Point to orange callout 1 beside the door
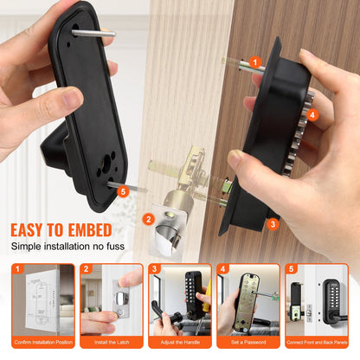click(x=254, y=61)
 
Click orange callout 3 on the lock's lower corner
click(x=273, y=224)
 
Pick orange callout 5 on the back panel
click(x=123, y=190)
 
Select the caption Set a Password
click(x=248, y=342)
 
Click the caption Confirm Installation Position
click(x=42, y=342)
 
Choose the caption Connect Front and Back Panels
click(x=318, y=342)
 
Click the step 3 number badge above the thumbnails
click(x=154, y=269)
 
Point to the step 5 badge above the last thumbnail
click(x=292, y=269)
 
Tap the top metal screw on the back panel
click(x=93, y=33)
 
